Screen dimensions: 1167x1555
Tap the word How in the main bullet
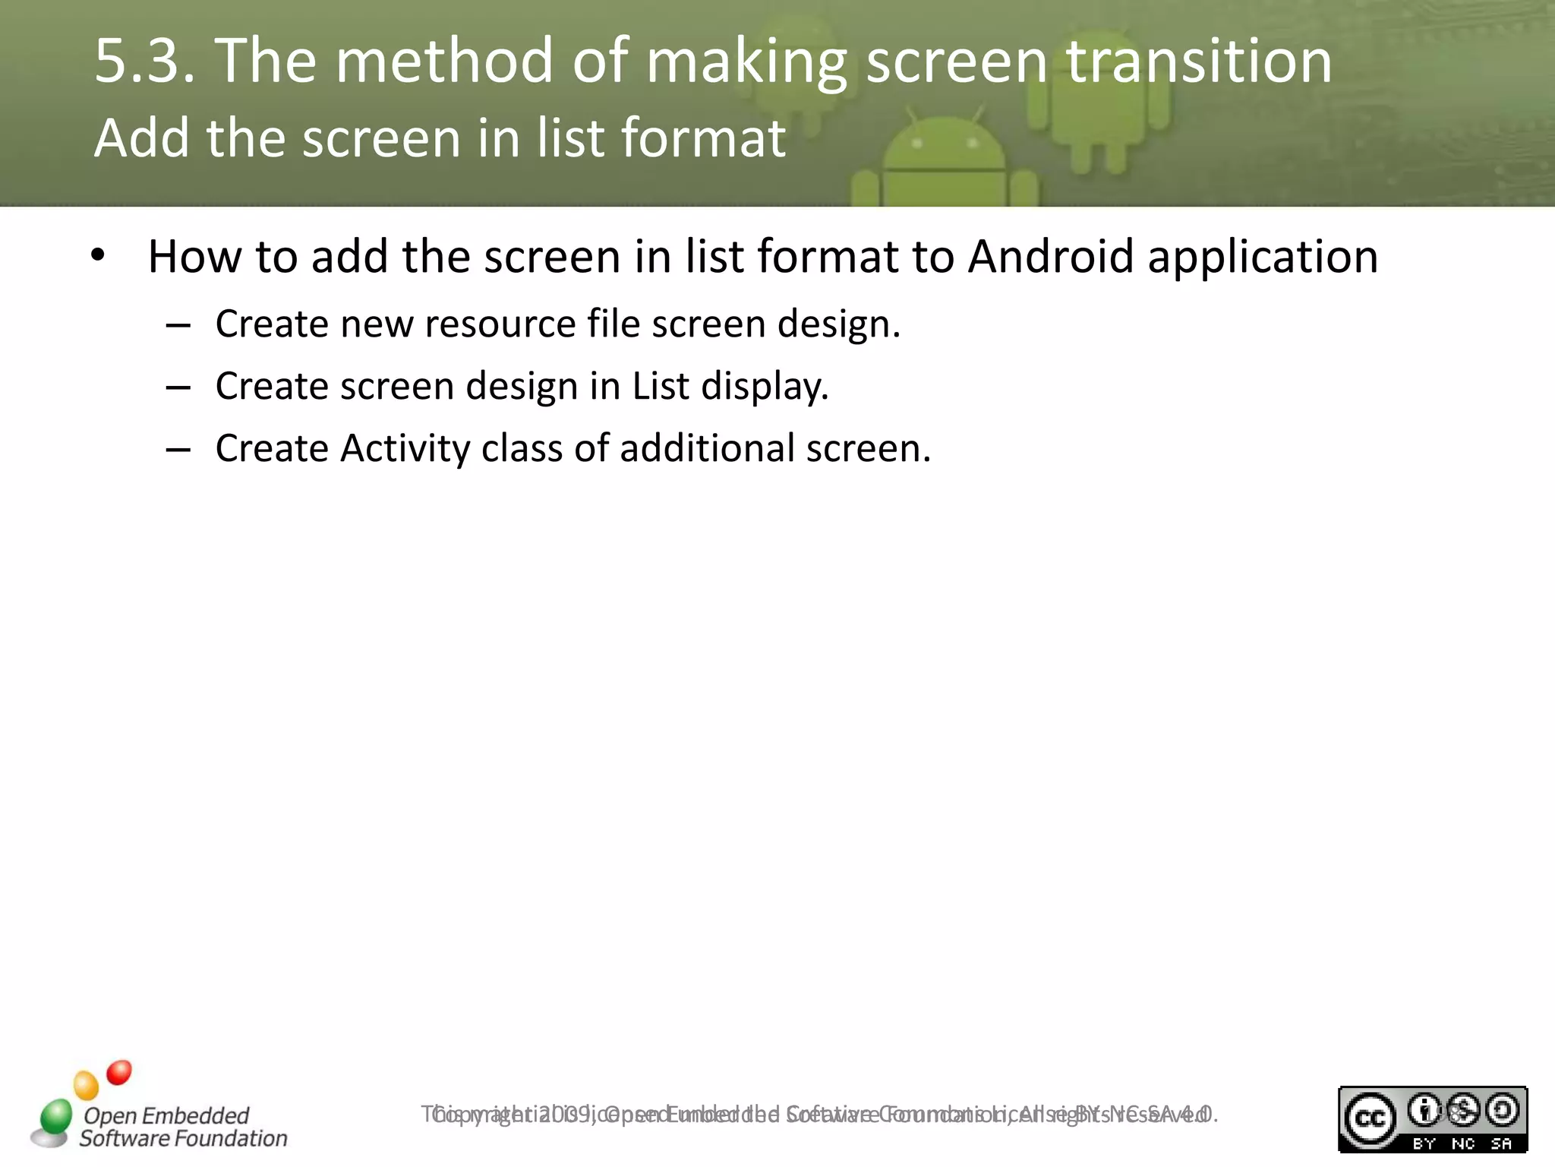tap(194, 256)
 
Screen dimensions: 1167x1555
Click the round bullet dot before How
tap(97, 256)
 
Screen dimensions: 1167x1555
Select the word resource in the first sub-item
tap(500, 324)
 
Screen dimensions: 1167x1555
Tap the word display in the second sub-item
tap(764, 387)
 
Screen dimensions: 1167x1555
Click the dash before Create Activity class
tap(178, 451)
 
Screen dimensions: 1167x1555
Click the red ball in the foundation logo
tap(119, 1073)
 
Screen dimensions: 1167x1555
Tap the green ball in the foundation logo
tap(55, 1117)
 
